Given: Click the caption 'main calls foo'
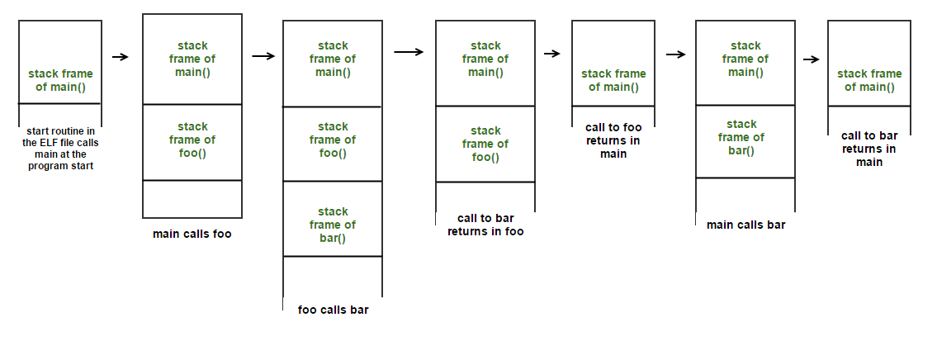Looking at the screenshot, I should [x=192, y=234].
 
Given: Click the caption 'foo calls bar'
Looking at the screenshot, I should [x=333, y=310].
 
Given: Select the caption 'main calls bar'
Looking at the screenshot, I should [x=745, y=224].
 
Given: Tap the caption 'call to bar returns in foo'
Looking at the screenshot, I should [x=485, y=225].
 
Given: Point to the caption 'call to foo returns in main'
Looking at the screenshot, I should [x=613, y=140].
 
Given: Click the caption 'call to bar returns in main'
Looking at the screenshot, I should [x=868, y=149].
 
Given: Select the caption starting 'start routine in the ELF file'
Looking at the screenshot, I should [x=59, y=148].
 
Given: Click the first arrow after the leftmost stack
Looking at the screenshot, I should [x=121, y=57].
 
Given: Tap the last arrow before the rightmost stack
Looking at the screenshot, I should [x=811, y=59].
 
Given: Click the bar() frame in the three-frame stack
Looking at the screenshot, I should [x=333, y=225].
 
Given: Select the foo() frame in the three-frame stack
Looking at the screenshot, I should [x=333, y=140].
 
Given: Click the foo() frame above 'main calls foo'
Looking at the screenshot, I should [x=192, y=140].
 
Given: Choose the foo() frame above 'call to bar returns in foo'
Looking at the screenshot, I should [x=485, y=144].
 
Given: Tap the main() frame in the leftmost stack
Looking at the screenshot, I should [x=59, y=80].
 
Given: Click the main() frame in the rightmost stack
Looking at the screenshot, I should [x=868, y=80].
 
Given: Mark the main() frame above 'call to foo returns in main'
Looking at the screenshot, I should [x=613, y=80].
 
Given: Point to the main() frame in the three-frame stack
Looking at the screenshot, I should [x=333, y=59].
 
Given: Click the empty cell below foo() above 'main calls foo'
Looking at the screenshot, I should [x=192, y=198].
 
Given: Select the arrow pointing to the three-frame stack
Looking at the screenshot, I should [x=263, y=56].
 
